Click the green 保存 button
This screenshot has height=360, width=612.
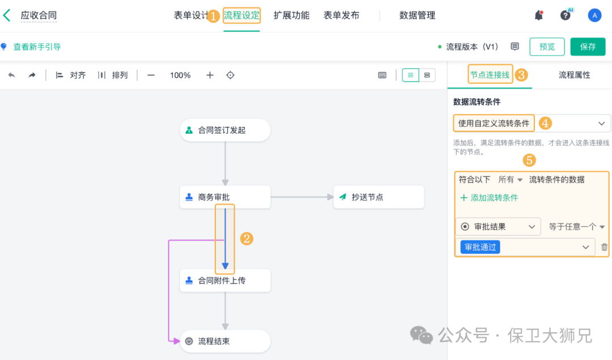588,46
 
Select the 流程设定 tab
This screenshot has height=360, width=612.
241,15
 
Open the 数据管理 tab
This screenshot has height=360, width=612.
417,15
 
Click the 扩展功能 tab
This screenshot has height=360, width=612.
291,15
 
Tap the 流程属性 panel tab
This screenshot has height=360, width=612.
574,75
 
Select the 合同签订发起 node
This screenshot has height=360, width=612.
225,130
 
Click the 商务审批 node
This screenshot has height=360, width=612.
225,197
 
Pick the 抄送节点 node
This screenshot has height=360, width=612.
379,197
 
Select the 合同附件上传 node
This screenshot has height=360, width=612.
225,281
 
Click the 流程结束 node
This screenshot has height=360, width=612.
225,341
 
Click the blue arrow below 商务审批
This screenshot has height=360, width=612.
225,238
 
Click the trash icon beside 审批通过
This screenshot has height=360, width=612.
605,247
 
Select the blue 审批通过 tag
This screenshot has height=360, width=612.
480,247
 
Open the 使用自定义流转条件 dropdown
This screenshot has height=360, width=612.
532,123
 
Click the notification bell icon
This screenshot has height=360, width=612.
539,15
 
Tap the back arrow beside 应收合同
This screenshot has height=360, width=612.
7,15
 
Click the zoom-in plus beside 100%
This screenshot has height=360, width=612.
210,75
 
